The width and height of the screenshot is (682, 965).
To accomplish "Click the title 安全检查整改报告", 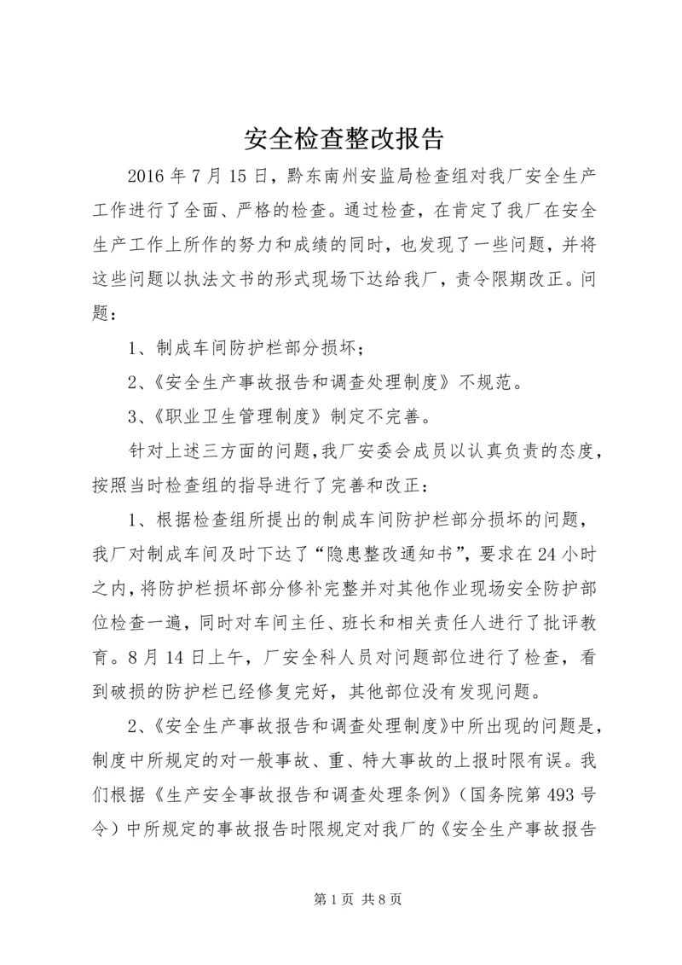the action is point(340,138).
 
